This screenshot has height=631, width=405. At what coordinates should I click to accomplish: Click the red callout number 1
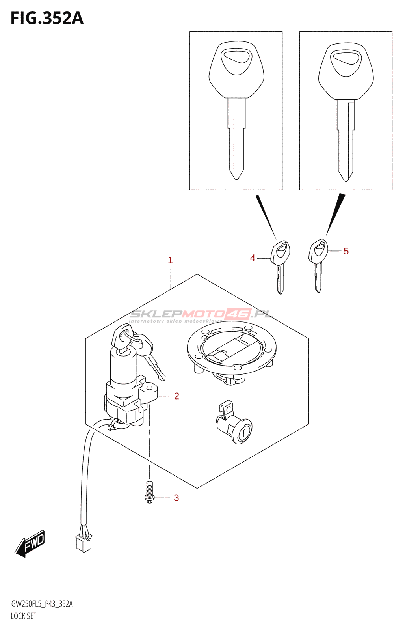click(x=170, y=260)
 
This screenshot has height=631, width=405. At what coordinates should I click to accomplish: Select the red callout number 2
click(x=176, y=396)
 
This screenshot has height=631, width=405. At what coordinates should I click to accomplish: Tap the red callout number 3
click(x=176, y=498)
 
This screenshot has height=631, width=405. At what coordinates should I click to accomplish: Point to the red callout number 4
click(x=253, y=258)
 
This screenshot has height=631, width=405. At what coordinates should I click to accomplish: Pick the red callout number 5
click(x=346, y=251)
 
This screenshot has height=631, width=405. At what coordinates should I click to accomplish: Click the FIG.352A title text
click(x=47, y=18)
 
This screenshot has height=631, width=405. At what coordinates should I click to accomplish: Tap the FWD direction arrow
click(x=30, y=544)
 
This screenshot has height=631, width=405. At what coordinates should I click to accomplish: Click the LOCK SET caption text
click(x=24, y=616)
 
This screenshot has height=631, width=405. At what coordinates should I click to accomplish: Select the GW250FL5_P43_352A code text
click(x=42, y=604)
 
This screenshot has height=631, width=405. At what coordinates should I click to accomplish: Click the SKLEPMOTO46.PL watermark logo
click(x=201, y=314)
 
